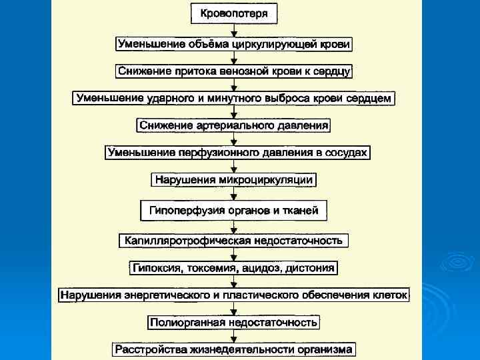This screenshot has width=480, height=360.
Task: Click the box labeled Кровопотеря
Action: tap(234, 13)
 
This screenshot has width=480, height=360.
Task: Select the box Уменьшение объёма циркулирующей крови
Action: tap(234, 44)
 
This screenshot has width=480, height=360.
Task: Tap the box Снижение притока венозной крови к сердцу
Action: tap(234, 70)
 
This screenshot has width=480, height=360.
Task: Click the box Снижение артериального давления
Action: tap(234, 125)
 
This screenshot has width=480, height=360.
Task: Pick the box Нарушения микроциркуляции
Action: tap(234, 179)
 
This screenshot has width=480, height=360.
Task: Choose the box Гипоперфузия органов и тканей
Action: tap(234, 211)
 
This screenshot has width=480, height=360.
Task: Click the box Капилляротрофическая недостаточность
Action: tap(234, 240)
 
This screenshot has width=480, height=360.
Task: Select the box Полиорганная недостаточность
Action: tap(234, 323)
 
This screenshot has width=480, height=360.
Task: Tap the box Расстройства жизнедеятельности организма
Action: tap(234, 349)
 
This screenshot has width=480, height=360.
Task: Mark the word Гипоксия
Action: tap(156, 268)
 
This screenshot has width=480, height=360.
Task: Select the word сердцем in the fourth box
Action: tap(373, 98)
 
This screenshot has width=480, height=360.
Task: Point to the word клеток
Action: tap(390, 294)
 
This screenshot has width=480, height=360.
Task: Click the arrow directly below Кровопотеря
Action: tap(234, 29)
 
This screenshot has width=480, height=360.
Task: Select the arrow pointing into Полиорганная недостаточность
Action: tap(234, 309)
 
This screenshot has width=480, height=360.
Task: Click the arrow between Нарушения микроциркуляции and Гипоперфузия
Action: tap(234, 194)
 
